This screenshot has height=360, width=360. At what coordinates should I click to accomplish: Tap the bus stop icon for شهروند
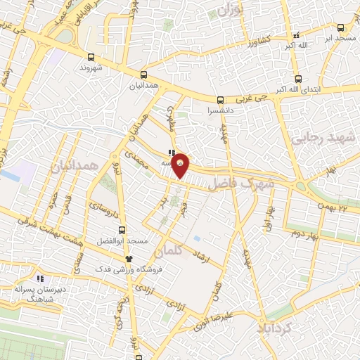91,58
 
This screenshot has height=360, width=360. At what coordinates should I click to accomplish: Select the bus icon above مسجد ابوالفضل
122,230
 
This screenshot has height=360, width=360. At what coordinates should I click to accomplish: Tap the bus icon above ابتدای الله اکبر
299,79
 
